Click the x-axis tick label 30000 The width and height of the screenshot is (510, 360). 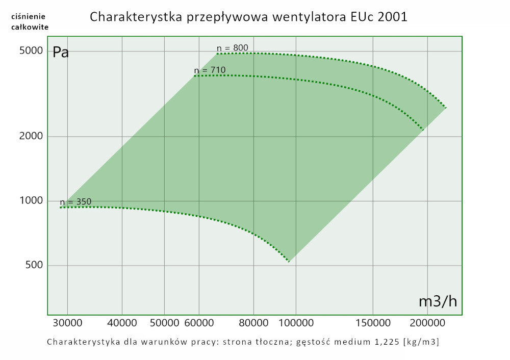(68, 323)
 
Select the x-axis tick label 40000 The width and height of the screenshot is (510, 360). (122, 323)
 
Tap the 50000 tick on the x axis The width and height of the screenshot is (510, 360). (164, 323)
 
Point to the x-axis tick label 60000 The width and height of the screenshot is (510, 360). (198, 323)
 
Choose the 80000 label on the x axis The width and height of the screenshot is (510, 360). (254, 323)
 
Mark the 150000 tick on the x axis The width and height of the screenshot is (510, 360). (373, 323)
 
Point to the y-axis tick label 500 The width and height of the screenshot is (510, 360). (32, 265)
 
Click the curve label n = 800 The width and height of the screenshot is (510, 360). (233, 48)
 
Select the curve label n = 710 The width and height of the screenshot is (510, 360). (210, 70)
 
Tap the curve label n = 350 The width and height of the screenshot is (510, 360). (75, 201)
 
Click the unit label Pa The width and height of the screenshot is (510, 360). (61, 52)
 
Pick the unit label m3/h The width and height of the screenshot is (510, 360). (438, 301)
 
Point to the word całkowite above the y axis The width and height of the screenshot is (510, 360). (30, 27)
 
